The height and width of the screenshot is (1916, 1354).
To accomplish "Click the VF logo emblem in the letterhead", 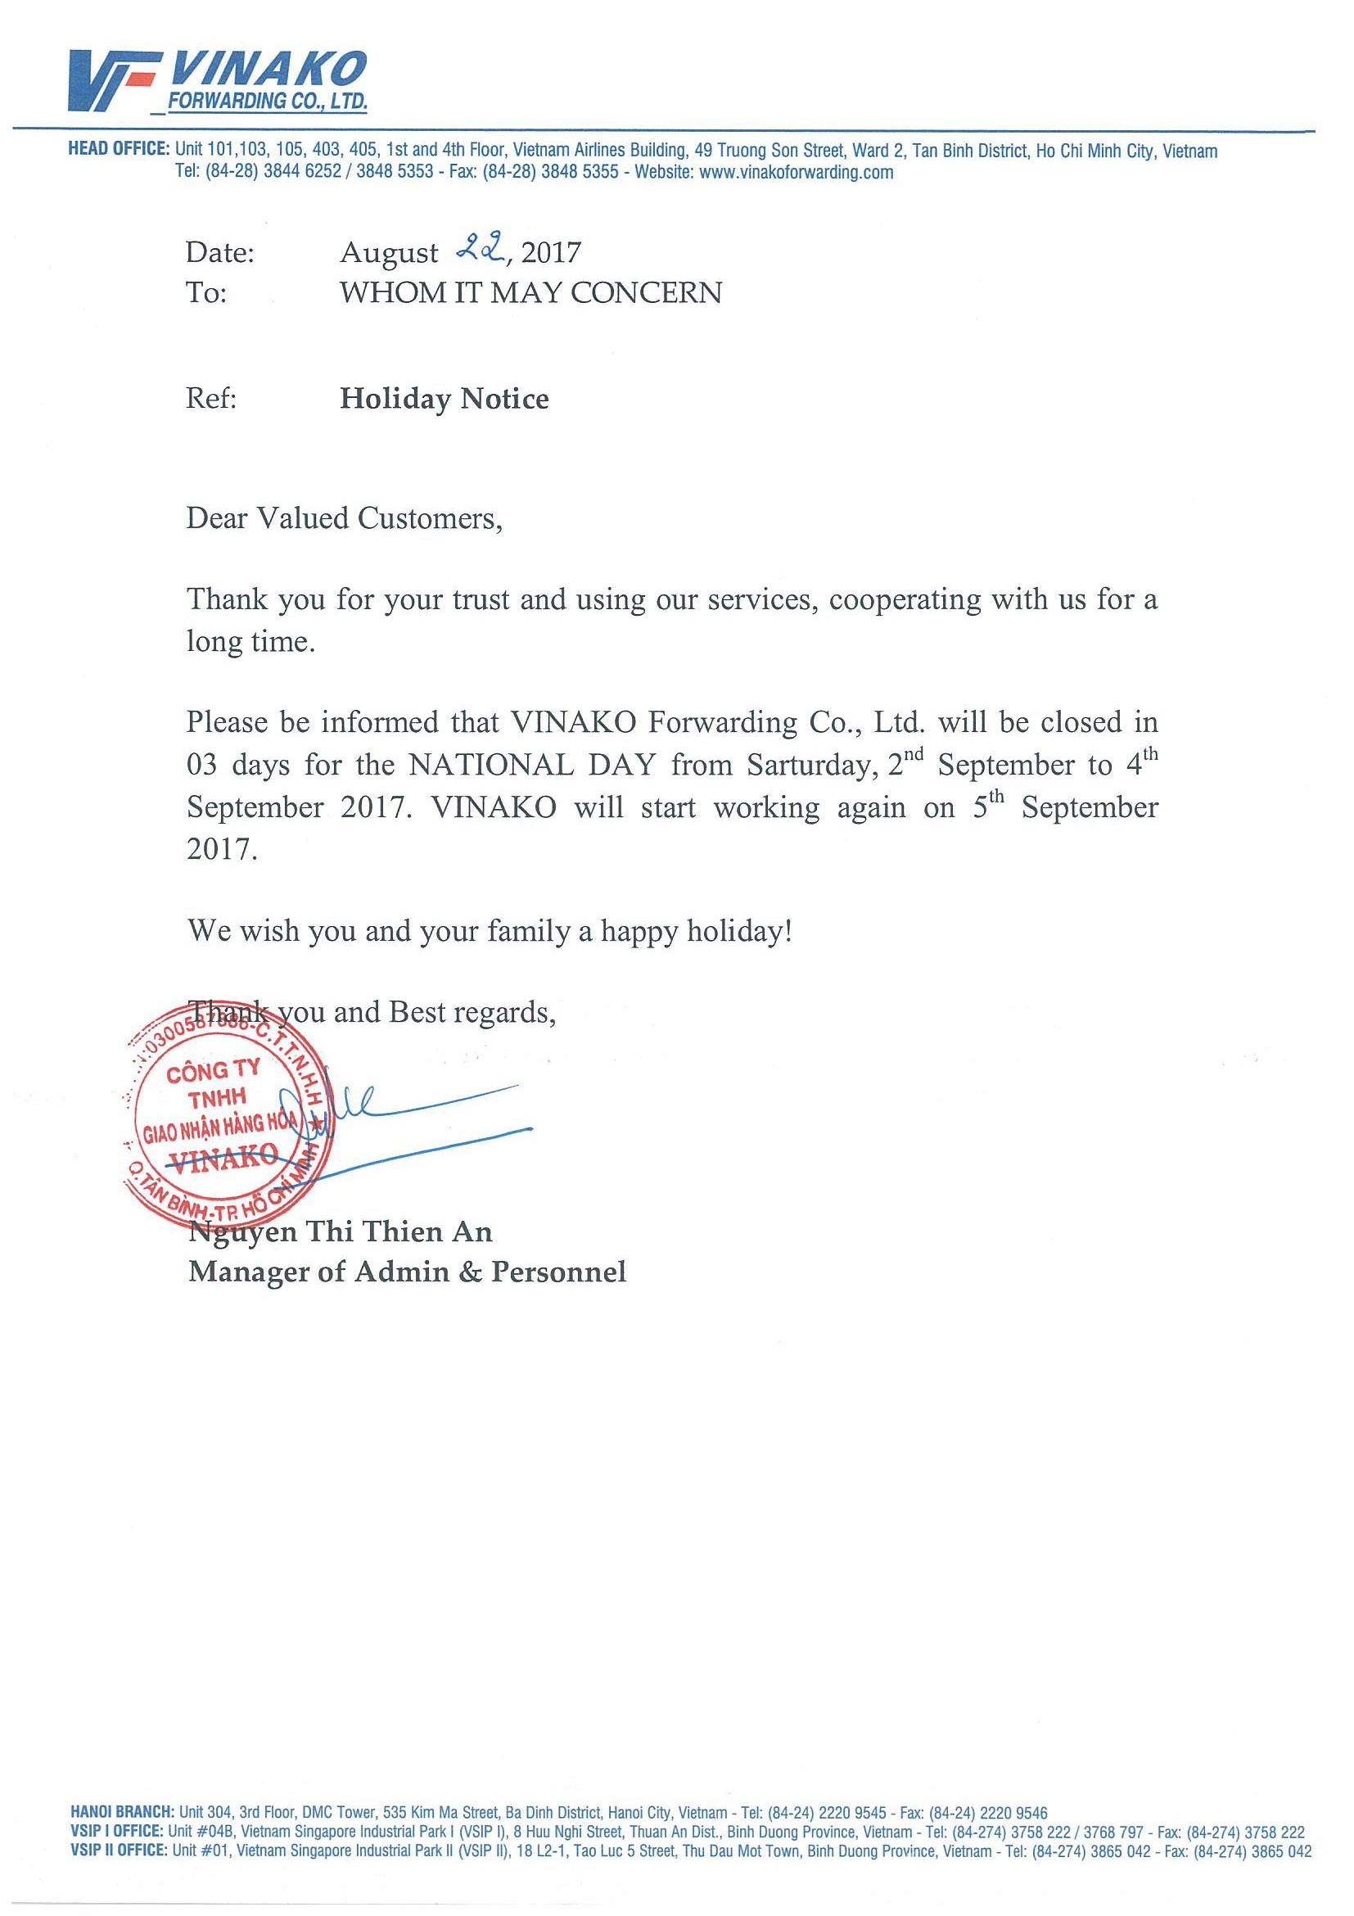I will point(112,80).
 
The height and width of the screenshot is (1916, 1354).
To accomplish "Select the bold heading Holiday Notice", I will point(444,399).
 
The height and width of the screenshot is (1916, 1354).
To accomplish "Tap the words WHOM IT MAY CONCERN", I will point(530,292).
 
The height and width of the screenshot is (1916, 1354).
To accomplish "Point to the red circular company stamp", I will point(227,1114).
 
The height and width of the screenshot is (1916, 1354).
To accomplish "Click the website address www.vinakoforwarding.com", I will point(796,173).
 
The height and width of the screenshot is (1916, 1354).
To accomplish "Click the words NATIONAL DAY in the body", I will point(531,766).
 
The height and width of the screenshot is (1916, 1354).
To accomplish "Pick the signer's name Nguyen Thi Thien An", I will point(341,1231).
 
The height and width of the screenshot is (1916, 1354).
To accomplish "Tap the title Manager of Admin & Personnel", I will point(407,1272).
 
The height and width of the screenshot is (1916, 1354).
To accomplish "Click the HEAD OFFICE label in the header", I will point(119,149).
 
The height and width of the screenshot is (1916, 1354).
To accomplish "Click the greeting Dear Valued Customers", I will point(344,519).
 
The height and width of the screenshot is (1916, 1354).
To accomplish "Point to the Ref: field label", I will point(211,399).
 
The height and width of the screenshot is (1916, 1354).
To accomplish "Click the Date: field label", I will point(219,252).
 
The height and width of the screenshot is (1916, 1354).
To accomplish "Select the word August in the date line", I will point(389,252).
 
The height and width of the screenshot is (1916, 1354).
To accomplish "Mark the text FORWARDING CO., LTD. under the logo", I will point(267,102).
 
